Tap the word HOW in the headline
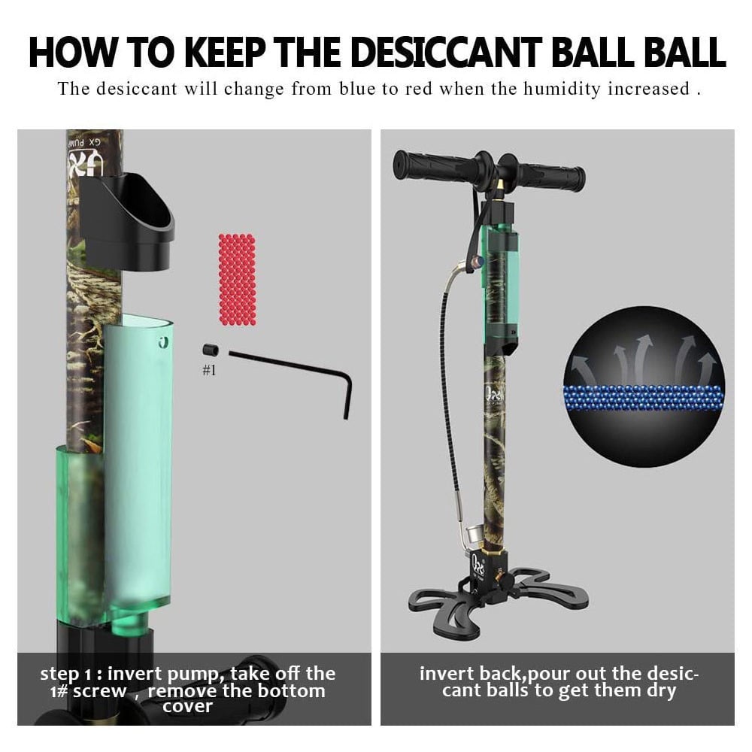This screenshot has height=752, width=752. coord(73,52)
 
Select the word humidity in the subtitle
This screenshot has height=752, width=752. coord(562,89)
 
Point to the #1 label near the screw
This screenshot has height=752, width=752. coord(209,370)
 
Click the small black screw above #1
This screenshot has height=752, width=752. coord(210,350)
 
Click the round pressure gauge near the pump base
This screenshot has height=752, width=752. coord(475,535)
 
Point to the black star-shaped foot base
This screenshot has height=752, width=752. coord(499,599)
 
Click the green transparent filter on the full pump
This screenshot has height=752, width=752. coord(501,280)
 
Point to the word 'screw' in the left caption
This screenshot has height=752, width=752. coord(100,692)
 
